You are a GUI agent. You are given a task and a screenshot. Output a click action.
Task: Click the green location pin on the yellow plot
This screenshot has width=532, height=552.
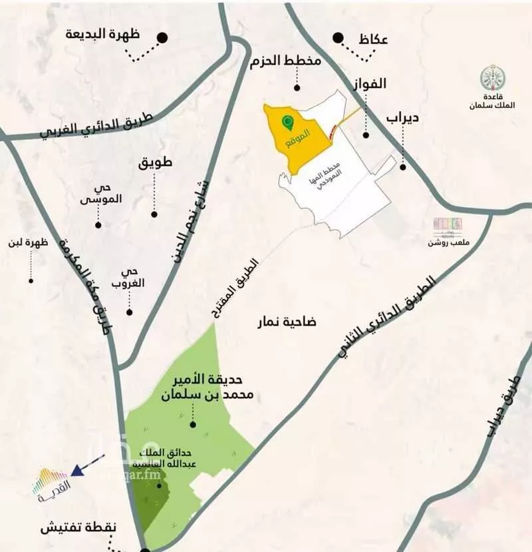[287, 123]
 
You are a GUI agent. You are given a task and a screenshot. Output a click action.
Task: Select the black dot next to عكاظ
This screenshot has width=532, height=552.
[338, 38]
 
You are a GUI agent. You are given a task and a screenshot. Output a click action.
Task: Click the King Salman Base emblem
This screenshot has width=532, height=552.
[493, 79]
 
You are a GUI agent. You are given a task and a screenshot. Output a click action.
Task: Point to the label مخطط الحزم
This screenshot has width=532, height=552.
[286, 62]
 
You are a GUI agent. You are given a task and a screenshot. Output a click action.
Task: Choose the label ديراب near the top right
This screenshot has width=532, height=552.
[402, 119]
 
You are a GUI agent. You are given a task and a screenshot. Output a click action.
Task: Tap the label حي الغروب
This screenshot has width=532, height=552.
[130, 278]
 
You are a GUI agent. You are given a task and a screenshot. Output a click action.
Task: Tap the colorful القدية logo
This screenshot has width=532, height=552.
[51, 484]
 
